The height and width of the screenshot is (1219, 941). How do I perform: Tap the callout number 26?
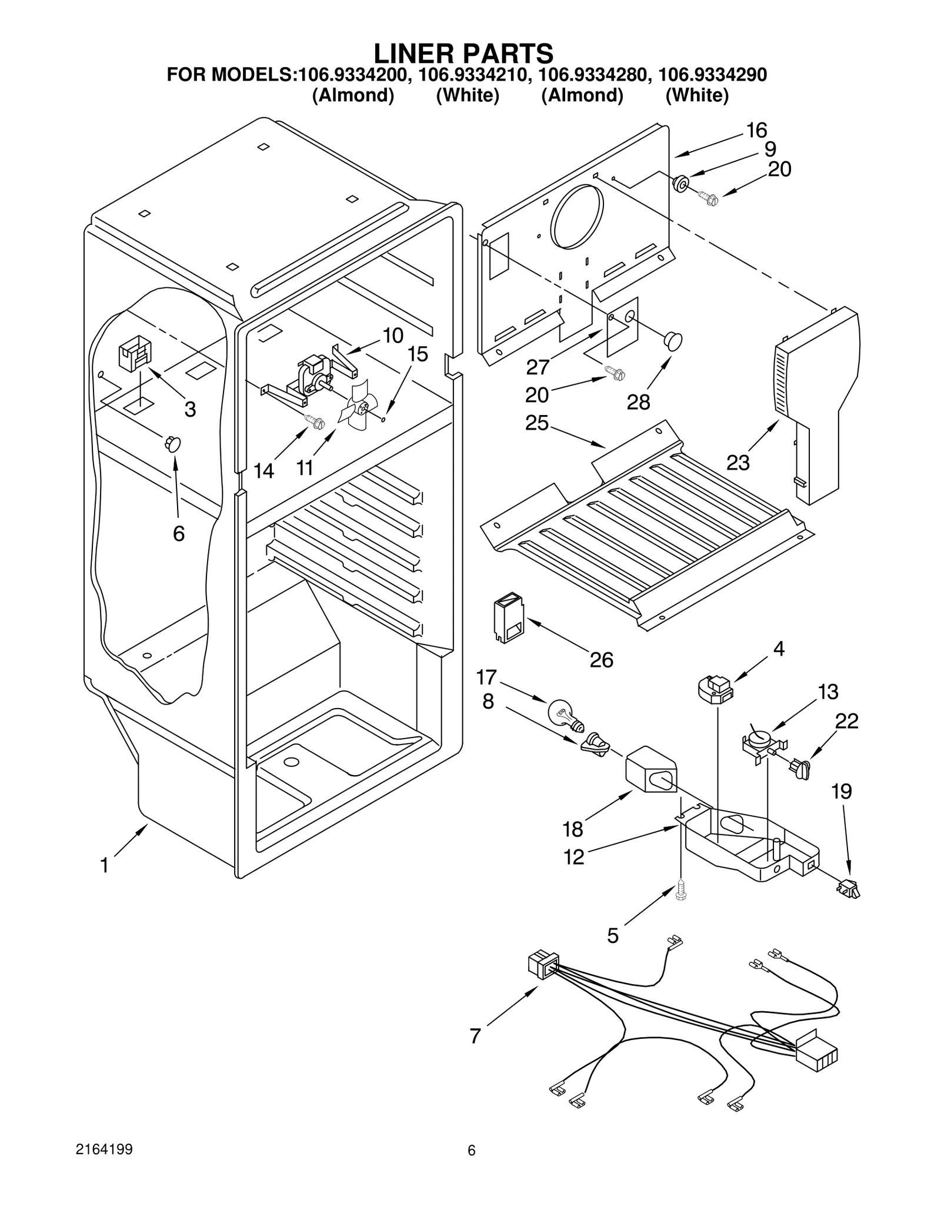click(602, 660)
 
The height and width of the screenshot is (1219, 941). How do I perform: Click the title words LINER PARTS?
click(463, 53)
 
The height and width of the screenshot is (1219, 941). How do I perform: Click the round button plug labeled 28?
click(673, 340)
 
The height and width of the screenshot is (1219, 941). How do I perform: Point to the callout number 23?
click(738, 463)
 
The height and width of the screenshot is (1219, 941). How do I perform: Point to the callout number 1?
click(105, 866)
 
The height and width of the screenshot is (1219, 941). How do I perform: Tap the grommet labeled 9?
click(682, 184)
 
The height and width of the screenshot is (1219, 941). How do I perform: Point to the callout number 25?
click(537, 423)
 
